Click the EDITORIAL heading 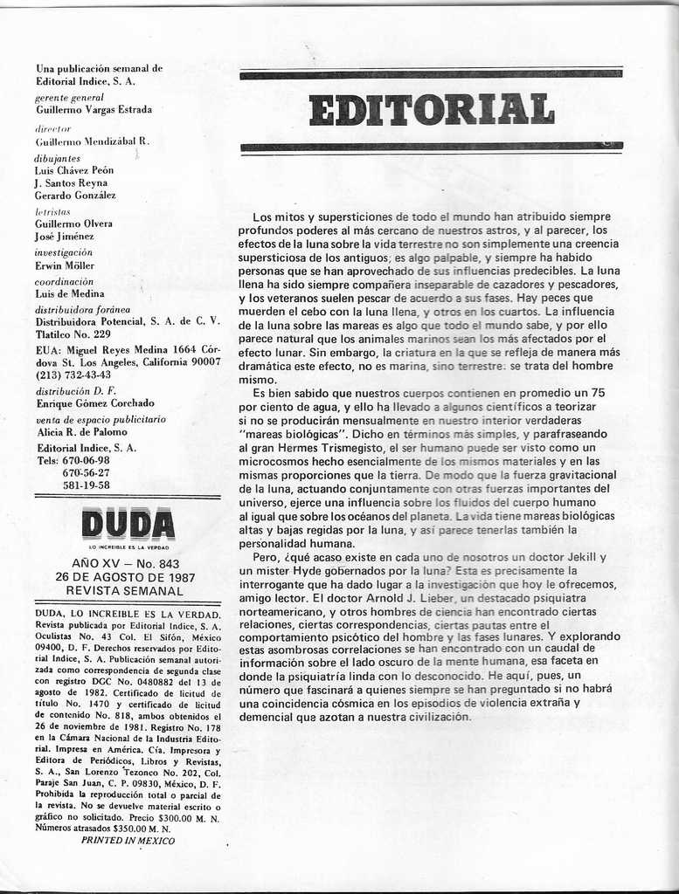[431, 110]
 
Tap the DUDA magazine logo [128, 524]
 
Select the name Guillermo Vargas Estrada [94, 110]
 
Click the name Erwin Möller [65, 265]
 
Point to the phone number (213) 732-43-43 [73, 375]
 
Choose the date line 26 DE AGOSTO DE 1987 [125, 578]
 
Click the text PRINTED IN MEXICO [128, 841]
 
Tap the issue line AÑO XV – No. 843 [125, 565]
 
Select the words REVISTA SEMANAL [125, 591]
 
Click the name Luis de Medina [70, 294]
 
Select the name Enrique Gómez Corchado [95, 403]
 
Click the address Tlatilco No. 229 [73, 334]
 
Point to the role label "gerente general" [70, 98]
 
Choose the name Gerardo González [75, 196]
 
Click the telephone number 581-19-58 [87, 485]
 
